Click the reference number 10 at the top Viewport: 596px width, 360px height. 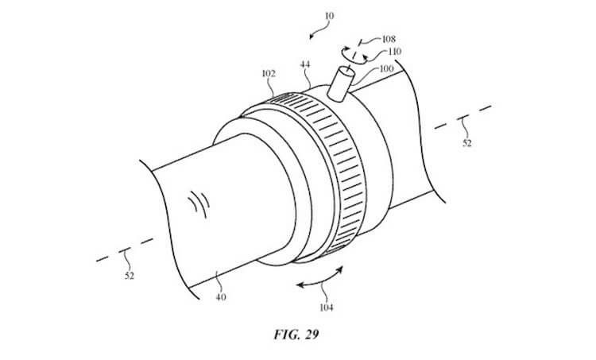pos(329,16)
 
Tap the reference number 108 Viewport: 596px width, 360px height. pos(389,39)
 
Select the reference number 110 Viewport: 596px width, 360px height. pos(394,52)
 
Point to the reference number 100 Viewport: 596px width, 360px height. pos(386,69)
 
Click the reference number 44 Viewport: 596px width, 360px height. pos(305,64)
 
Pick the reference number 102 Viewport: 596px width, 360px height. pos(269,73)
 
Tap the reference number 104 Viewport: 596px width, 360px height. pos(326,308)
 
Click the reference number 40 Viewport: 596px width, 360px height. pos(221,297)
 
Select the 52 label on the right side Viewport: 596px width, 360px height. pos(466,143)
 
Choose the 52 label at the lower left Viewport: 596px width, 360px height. pos(130,276)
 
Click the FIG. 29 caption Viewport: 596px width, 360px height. pos(296,334)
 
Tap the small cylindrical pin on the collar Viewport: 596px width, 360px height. pos(341,83)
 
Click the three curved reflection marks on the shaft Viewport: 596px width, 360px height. pos(199,203)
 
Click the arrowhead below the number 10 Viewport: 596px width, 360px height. pos(312,37)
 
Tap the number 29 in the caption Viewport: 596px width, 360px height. pos(311,334)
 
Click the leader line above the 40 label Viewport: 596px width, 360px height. pos(217,281)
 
